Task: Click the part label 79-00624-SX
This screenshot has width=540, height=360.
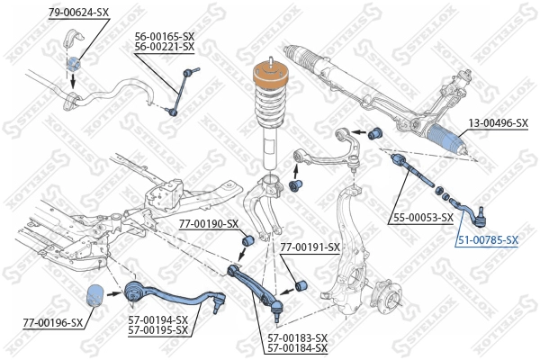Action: (x=77, y=12)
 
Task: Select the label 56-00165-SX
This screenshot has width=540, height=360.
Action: (x=164, y=37)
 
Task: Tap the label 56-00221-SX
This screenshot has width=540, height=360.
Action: (x=164, y=48)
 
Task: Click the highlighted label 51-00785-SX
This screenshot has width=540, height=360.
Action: (x=488, y=240)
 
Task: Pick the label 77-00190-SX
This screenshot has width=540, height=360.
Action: (x=209, y=223)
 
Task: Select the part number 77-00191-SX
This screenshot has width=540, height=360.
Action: (x=310, y=247)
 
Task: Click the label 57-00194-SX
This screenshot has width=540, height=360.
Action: (x=157, y=319)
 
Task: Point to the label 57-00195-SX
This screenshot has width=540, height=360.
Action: (x=157, y=330)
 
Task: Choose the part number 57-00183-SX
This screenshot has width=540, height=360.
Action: (x=297, y=337)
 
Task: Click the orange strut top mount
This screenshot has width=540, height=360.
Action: (x=267, y=78)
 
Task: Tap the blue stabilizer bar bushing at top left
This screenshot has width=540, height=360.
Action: (x=75, y=63)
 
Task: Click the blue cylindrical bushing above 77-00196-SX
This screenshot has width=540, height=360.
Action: (x=94, y=296)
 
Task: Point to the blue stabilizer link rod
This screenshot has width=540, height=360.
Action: (x=179, y=91)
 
